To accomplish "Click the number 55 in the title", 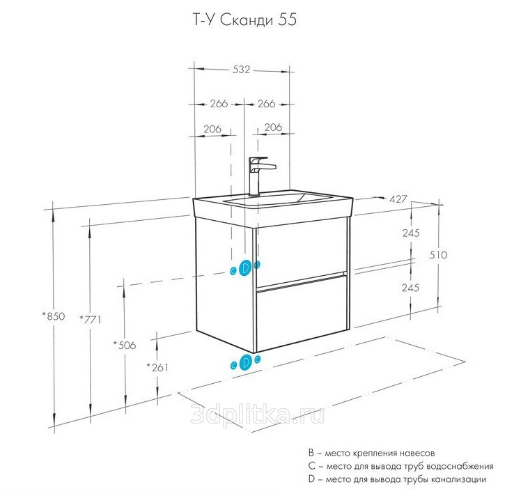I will click(x=287, y=21).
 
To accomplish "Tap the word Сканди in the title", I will click(x=249, y=21).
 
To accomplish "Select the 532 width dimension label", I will click(x=241, y=70).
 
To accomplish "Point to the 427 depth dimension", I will click(x=398, y=200).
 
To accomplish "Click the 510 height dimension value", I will click(x=438, y=255).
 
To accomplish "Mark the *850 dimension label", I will click(x=53, y=316).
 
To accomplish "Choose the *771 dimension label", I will click(x=91, y=320).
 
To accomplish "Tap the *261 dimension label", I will click(x=158, y=367).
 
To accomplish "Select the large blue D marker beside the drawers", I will click(x=244, y=268).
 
